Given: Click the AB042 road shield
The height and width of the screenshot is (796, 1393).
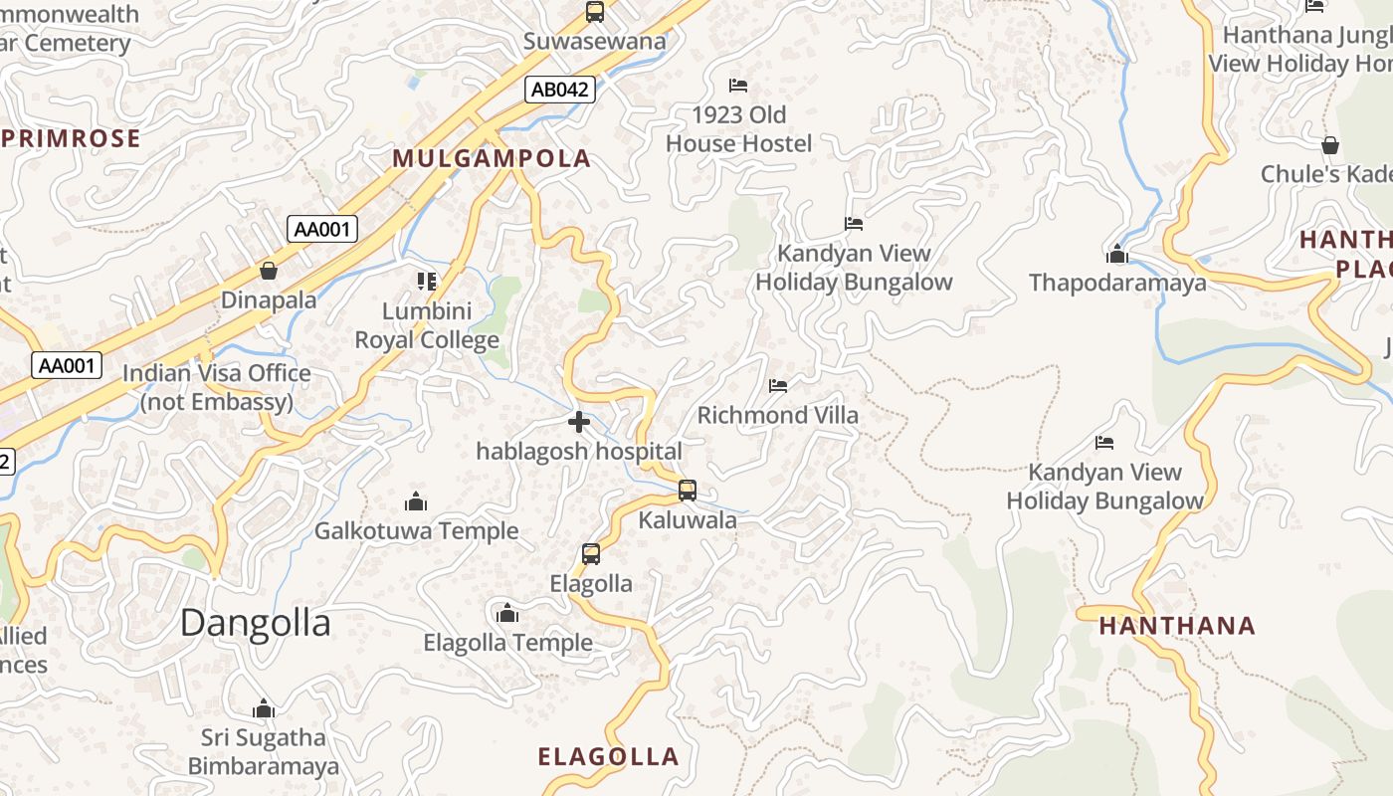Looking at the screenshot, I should pyautogui.click(x=560, y=90).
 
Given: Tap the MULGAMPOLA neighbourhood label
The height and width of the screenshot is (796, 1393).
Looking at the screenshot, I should pyautogui.click(x=492, y=158).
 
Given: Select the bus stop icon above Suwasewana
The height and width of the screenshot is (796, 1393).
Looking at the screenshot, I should pyautogui.click(x=595, y=12).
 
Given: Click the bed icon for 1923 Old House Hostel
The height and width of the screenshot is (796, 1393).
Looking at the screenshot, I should pyautogui.click(x=738, y=86).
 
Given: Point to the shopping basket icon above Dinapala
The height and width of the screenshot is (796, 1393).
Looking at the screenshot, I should pyautogui.click(x=269, y=271).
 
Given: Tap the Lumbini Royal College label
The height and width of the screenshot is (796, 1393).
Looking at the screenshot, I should pyautogui.click(x=427, y=325).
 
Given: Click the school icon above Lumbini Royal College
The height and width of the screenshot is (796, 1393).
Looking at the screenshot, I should pyautogui.click(x=427, y=282).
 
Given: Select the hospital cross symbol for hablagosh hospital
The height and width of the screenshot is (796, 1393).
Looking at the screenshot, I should pyautogui.click(x=579, y=423).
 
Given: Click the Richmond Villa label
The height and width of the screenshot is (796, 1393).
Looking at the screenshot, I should pyautogui.click(x=777, y=415).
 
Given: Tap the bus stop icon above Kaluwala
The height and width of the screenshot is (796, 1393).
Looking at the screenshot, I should pyautogui.click(x=688, y=491).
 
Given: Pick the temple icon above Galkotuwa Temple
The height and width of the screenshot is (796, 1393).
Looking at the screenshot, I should pyautogui.click(x=416, y=501).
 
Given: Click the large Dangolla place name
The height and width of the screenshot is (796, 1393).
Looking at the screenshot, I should pyautogui.click(x=255, y=623).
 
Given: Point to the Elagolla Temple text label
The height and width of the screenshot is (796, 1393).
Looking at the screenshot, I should pyautogui.click(x=507, y=643).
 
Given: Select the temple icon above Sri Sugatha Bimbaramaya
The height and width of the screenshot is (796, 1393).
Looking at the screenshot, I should pyautogui.click(x=264, y=708).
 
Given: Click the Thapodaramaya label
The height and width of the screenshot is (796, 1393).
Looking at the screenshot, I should pyautogui.click(x=1117, y=283).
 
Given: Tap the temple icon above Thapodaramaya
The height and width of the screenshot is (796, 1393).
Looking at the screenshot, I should pyautogui.click(x=1117, y=255).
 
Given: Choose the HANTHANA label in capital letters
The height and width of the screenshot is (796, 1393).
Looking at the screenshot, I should pyautogui.click(x=1177, y=626).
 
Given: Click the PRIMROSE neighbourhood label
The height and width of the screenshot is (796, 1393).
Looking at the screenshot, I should pyautogui.click(x=72, y=138).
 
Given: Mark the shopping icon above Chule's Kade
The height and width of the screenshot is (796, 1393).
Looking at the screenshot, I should pyautogui.click(x=1330, y=146).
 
